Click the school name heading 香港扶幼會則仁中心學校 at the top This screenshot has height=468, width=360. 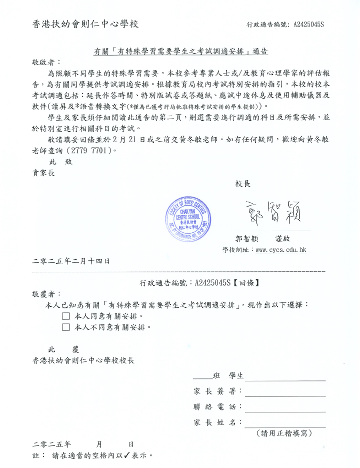(x=85, y=24)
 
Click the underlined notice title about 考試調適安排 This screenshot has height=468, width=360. (x=180, y=51)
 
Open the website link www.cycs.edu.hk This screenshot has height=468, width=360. (x=280, y=249)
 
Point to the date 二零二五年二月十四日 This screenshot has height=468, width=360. (x=70, y=261)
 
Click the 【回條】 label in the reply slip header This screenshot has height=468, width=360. (x=245, y=283)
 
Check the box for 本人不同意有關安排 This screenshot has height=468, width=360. (x=65, y=327)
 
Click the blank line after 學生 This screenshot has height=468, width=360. (x=285, y=376)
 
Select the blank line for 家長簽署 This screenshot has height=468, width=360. (x=285, y=392)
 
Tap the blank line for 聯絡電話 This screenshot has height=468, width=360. (x=285, y=407)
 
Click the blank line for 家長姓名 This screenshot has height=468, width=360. (x=285, y=423)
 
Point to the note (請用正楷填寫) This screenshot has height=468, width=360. (x=283, y=433)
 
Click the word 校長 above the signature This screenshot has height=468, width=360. (x=242, y=184)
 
